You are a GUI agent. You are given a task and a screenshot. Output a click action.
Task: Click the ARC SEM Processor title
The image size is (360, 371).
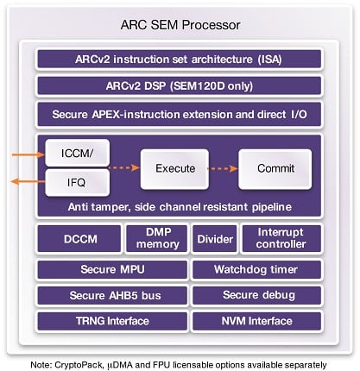pyautogui.click(x=180, y=24)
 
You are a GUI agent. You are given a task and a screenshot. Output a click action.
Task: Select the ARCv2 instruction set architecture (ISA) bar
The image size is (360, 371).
pyautogui.click(x=180, y=60)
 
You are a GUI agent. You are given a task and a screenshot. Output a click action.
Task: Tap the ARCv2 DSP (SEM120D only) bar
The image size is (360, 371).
pyautogui.click(x=180, y=86)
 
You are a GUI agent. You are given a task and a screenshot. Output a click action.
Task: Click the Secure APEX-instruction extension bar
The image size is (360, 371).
pyautogui.click(x=180, y=114)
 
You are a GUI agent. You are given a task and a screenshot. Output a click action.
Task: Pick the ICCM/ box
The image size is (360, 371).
pyautogui.click(x=78, y=153)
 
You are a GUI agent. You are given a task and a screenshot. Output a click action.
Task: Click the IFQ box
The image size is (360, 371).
pyautogui.click(x=78, y=181)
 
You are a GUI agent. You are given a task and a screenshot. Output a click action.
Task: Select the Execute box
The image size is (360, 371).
pyautogui.click(x=174, y=168)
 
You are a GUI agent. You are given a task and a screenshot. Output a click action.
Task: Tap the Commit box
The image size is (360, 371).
pyautogui.click(x=275, y=168)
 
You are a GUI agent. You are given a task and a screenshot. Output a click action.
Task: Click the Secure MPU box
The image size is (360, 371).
pyautogui.click(x=108, y=269)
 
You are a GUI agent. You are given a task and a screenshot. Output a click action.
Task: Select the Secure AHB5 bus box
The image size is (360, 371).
pyautogui.click(x=108, y=295)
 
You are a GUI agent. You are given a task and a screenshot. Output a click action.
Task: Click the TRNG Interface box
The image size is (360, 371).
pyautogui.click(x=108, y=322)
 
